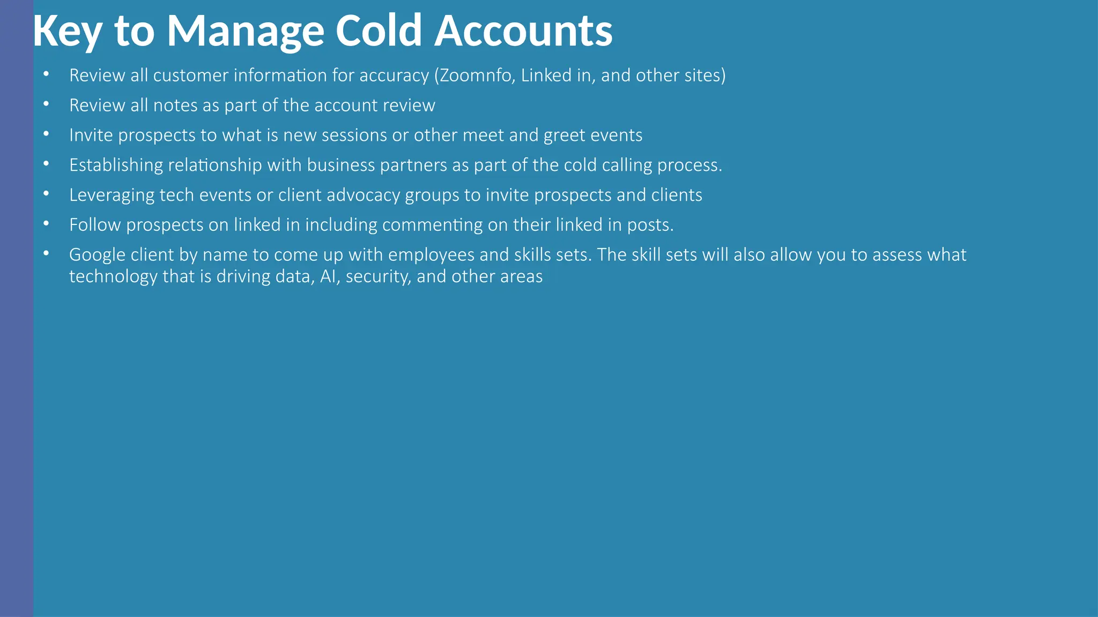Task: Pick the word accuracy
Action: pyautogui.click(x=394, y=76)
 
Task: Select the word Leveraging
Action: pyautogui.click(x=112, y=195)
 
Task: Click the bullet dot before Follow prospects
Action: pyautogui.click(x=47, y=223)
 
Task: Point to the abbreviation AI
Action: pyautogui.click(x=328, y=276)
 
